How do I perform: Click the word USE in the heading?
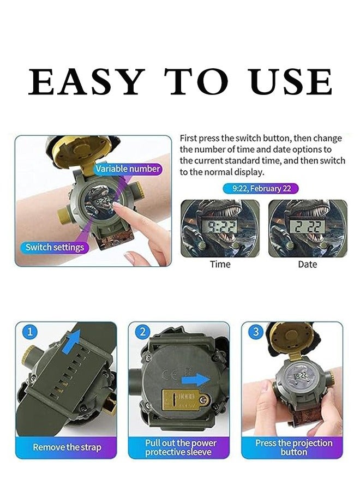pos(291,82)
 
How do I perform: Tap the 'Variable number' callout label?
pos(128,169)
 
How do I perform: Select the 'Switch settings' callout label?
pos(55,247)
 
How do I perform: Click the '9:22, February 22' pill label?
pos(260,189)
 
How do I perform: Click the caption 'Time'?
pos(220,264)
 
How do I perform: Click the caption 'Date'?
pos(307,264)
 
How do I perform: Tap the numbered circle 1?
pos(30,332)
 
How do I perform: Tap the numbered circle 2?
pos(143,332)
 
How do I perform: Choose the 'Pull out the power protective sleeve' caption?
pos(180,447)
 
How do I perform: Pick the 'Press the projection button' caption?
pos(293,447)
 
